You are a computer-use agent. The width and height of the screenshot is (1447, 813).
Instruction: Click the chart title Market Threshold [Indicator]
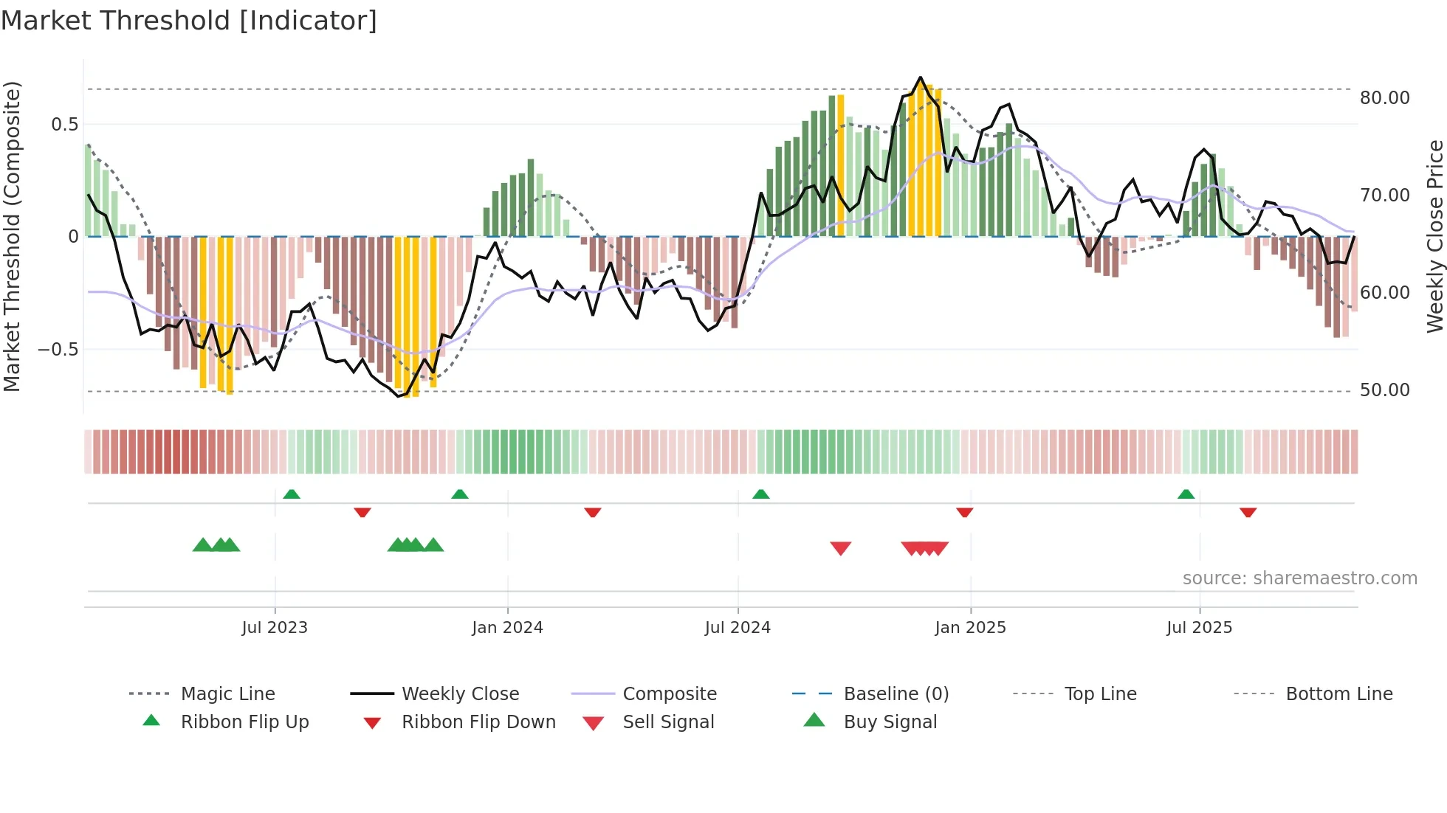pos(189,21)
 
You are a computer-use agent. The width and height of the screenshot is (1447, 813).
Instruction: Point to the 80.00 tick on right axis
pos(1384,98)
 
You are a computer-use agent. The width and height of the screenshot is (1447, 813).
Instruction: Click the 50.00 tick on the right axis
pos(1384,390)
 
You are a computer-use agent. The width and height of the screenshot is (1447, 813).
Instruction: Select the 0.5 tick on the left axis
pos(64,125)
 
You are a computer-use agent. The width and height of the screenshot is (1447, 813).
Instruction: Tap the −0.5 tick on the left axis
pos(58,350)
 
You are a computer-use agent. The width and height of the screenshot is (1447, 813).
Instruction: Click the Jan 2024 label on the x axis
pos(507,628)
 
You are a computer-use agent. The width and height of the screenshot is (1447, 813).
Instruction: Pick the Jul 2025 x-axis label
pos(1199,628)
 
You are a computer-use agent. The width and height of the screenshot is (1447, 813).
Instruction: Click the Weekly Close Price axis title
pos(1434,236)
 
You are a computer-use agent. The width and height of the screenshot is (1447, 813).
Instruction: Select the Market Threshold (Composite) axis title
pos(12,236)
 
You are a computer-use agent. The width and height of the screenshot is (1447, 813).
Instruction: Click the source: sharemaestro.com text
pos(1299,578)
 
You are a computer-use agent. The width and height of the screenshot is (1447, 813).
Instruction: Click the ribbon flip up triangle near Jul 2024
pos(760,494)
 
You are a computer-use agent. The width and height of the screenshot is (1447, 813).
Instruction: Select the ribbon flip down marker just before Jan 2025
pos(964,512)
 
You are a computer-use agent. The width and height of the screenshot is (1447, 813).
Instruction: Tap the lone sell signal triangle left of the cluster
pos(840,548)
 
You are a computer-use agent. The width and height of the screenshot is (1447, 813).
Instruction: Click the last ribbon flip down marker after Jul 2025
pos(1248,512)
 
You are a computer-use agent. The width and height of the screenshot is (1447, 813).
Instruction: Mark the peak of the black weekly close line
pos(920,77)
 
